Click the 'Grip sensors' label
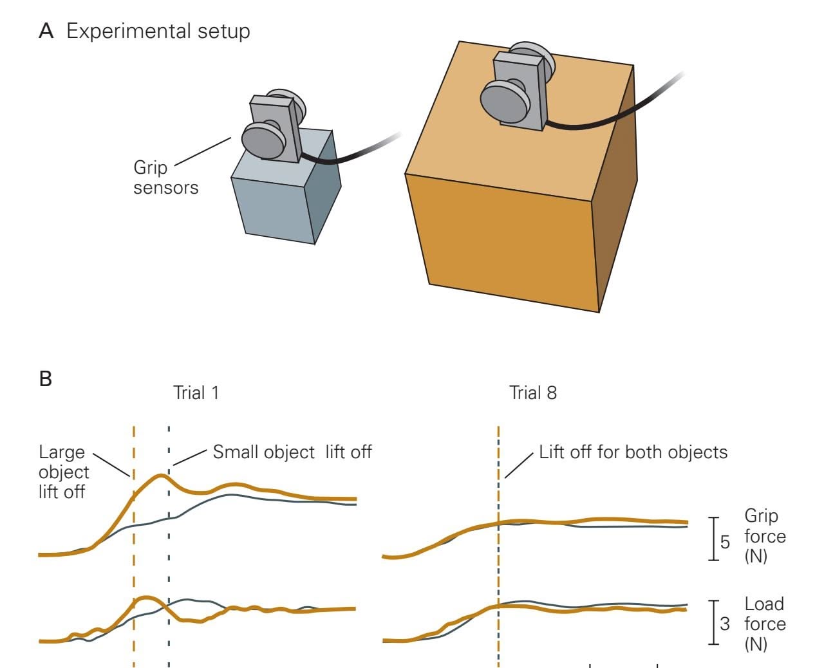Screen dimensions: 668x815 (x=165, y=178)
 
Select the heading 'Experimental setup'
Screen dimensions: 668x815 (x=158, y=31)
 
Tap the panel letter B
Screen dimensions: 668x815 (x=45, y=378)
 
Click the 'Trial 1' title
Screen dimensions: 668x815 (x=196, y=393)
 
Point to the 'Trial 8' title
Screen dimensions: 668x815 (x=533, y=393)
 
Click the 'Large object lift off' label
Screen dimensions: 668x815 (x=63, y=472)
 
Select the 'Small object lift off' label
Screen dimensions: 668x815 (x=292, y=452)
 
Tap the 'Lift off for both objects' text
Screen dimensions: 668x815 (x=633, y=452)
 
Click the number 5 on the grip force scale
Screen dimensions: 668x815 (x=725, y=542)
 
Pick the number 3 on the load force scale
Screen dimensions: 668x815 (x=725, y=624)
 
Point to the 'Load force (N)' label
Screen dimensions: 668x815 (x=765, y=623)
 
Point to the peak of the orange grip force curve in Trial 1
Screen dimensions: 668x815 (x=160, y=476)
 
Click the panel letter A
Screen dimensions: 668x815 (x=46, y=31)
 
